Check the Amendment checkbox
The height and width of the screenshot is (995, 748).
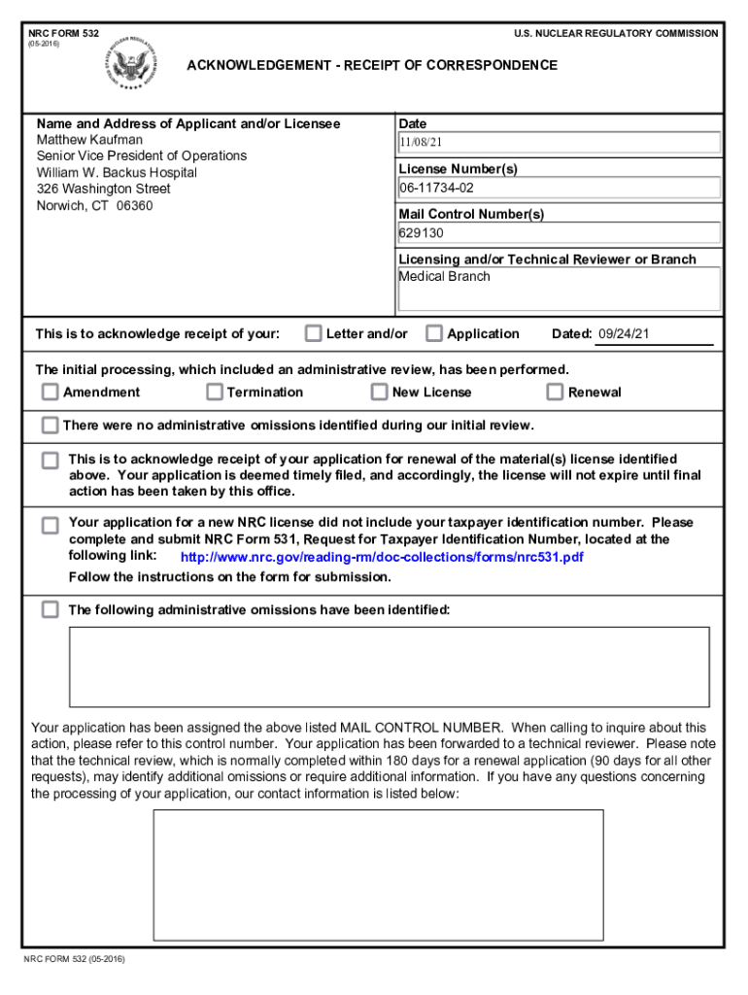click(50, 392)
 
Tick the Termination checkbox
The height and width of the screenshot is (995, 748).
click(215, 392)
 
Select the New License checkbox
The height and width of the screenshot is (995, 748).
click(380, 392)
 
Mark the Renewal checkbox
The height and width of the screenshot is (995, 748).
click(555, 392)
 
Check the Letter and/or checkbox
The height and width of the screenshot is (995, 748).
click(313, 333)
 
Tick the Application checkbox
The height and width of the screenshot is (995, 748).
click(434, 333)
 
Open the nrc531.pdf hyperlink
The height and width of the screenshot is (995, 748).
click(382, 558)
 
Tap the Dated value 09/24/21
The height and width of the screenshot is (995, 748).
click(624, 334)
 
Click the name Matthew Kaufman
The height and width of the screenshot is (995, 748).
click(89, 140)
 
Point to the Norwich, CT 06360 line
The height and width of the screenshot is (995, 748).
click(94, 206)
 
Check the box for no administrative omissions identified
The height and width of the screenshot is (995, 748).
click(50, 426)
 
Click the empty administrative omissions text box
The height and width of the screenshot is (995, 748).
click(389, 666)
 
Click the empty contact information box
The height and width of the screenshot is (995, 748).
click(378, 875)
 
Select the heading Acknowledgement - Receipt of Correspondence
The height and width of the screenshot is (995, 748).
click(372, 65)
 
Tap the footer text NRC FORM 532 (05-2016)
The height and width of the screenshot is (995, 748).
click(75, 960)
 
